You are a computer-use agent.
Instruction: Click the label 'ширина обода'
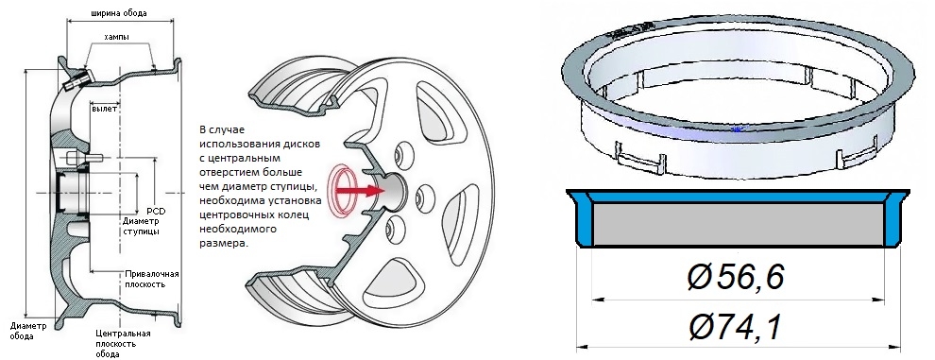click(x=120, y=12)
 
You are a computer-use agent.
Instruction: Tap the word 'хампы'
click(x=117, y=37)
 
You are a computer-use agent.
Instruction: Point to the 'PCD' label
click(x=156, y=212)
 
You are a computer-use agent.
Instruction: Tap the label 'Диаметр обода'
click(x=27, y=331)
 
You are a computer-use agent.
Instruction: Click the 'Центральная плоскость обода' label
click(x=123, y=344)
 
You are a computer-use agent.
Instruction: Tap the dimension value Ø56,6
click(x=735, y=277)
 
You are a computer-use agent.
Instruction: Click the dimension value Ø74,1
click(x=735, y=327)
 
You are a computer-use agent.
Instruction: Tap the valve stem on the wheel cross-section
click(x=76, y=79)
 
